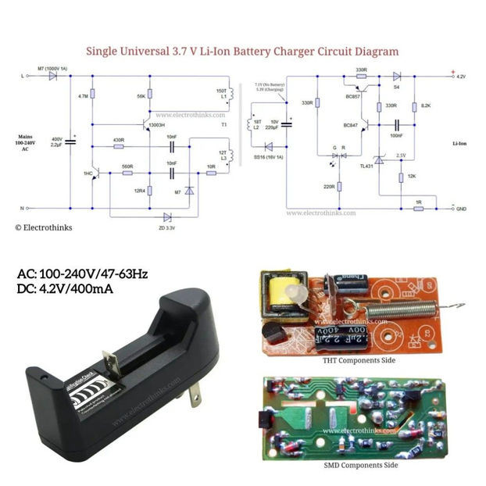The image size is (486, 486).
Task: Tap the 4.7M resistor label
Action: (x=83, y=96)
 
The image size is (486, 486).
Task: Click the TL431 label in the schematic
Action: (x=366, y=166)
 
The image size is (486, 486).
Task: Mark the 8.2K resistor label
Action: (x=426, y=105)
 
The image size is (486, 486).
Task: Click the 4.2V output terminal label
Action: (x=460, y=77)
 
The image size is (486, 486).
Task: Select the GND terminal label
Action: (x=461, y=209)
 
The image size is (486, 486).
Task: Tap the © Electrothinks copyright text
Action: (x=41, y=228)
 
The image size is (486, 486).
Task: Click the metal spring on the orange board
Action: (x=398, y=306)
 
